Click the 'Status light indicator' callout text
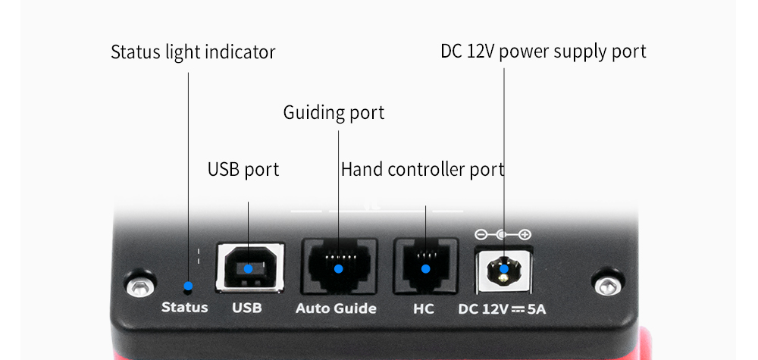(193, 52)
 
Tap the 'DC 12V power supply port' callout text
(543, 52)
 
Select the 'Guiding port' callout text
(334, 113)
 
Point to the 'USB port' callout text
(243, 170)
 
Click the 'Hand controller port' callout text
(422, 170)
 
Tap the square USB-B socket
(249, 268)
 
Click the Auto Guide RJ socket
(339, 268)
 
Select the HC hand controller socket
(425, 268)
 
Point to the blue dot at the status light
(189, 287)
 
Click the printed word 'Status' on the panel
(184, 308)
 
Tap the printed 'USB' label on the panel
(246, 308)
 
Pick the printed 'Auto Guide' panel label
(335, 308)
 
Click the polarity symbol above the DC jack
(502, 234)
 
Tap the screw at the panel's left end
(136, 286)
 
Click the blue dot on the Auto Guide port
(339, 268)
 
